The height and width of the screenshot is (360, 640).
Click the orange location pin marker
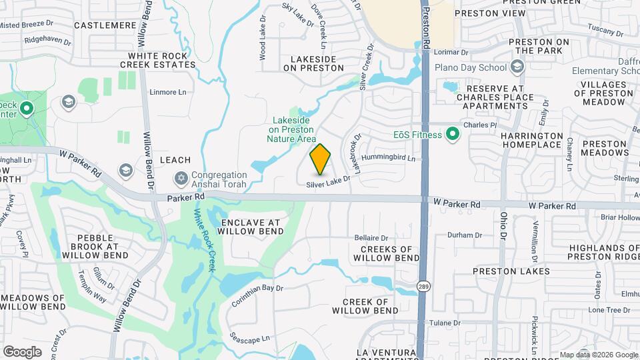320,159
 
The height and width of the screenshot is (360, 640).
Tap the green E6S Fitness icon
453,135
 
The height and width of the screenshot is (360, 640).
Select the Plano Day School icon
517,67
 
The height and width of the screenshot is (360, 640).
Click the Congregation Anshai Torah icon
180,179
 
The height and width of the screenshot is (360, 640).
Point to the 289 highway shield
423,287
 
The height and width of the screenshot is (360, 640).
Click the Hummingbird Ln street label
388,159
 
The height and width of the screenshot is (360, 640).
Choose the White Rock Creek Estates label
158,60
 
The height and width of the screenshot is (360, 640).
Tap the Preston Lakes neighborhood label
511,271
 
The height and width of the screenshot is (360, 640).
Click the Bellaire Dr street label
371,237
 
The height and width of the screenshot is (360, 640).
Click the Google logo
22,351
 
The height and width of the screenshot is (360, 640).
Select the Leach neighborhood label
175,161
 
